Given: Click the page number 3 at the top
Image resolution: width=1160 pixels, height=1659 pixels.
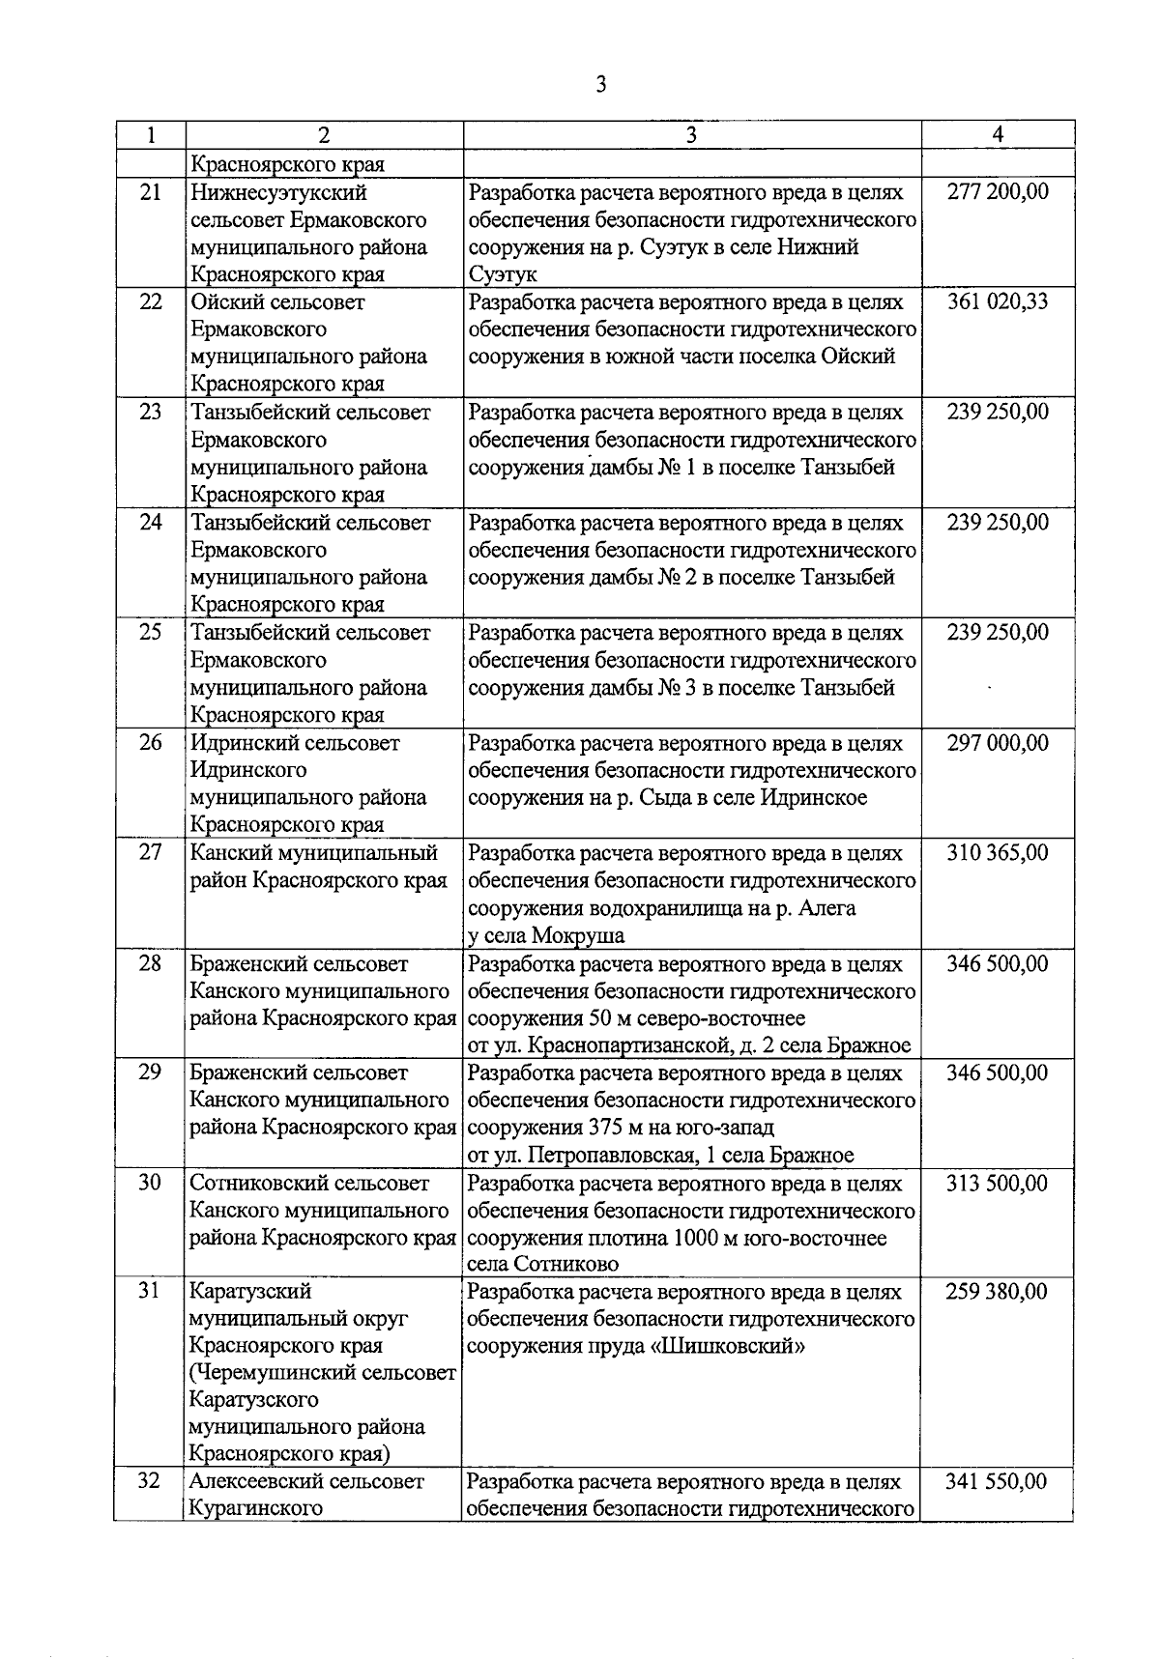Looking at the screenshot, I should (x=600, y=85).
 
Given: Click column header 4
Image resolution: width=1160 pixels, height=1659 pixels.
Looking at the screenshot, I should (x=998, y=135).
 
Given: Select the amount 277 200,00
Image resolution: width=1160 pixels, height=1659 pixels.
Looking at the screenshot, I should (x=998, y=191).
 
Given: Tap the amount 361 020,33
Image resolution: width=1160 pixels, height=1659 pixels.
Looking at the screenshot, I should (x=998, y=301).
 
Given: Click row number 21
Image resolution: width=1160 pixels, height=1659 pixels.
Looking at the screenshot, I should (x=150, y=191).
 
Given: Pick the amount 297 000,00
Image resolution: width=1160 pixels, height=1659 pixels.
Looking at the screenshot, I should (x=998, y=743).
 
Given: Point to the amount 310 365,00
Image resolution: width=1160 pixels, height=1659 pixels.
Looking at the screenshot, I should (x=998, y=853).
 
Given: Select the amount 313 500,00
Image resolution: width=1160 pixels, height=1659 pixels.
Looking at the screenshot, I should (x=998, y=1184).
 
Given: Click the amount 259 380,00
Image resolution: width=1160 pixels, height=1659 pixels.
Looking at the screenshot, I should (x=998, y=1292).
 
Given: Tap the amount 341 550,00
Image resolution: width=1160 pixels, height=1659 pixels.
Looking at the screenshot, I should (x=998, y=1481).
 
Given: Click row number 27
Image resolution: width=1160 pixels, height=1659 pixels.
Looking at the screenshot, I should (x=150, y=853).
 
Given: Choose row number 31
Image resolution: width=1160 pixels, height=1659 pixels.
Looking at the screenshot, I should (x=150, y=1292).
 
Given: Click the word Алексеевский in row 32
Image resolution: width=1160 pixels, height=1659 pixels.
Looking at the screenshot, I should (x=255, y=1481).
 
